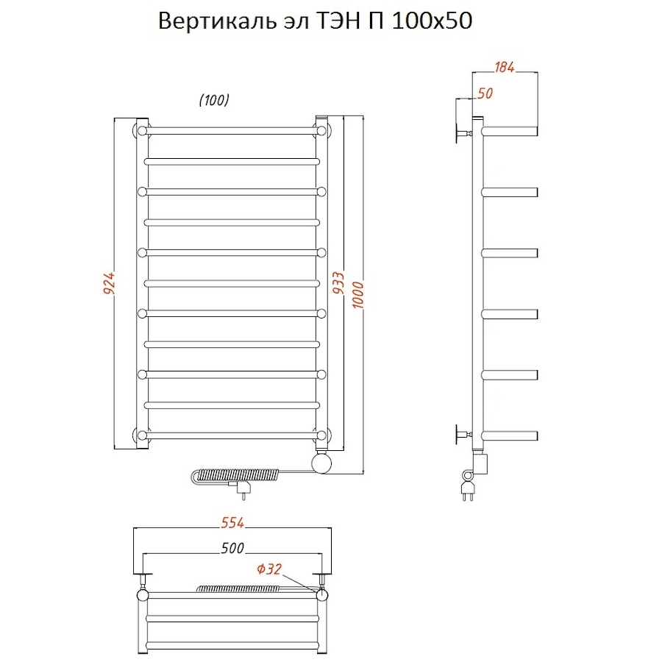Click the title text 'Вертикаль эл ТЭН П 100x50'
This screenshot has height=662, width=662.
(x=316, y=22)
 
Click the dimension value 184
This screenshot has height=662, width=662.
(x=503, y=68)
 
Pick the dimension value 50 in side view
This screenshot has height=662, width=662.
(x=485, y=93)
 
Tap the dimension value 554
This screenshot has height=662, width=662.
(x=232, y=524)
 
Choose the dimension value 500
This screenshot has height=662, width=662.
(x=232, y=549)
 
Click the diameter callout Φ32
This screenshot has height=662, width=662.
(x=268, y=569)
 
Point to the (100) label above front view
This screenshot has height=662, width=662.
(x=215, y=101)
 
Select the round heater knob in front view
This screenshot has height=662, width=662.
(x=321, y=463)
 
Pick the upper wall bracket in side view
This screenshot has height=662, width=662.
(x=463, y=134)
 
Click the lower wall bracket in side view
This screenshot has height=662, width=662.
(x=463, y=434)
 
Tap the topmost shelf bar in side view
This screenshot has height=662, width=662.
(x=510, y=131)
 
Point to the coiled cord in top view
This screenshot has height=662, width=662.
(x=237, y=588)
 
